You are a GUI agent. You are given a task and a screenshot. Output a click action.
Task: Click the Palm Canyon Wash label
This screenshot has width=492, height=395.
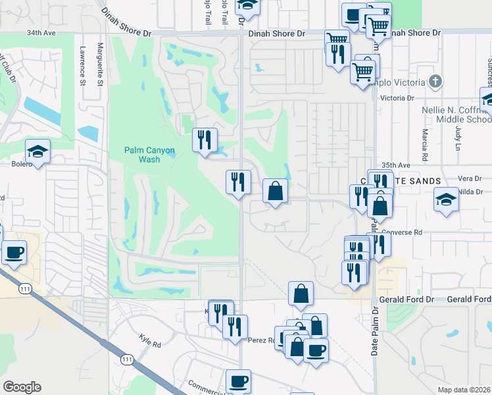(149, 155)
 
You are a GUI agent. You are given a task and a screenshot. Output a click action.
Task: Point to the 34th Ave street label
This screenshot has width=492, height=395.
(41, 32)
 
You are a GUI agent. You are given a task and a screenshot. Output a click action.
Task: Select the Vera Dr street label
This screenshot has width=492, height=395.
(470, 178)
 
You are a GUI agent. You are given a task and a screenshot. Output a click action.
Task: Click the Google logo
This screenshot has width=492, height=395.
(22, 387)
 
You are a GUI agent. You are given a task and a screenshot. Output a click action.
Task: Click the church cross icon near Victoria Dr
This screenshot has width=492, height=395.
(434, 82)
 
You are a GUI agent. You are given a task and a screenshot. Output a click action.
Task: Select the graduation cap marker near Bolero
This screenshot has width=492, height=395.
(38, 152)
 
